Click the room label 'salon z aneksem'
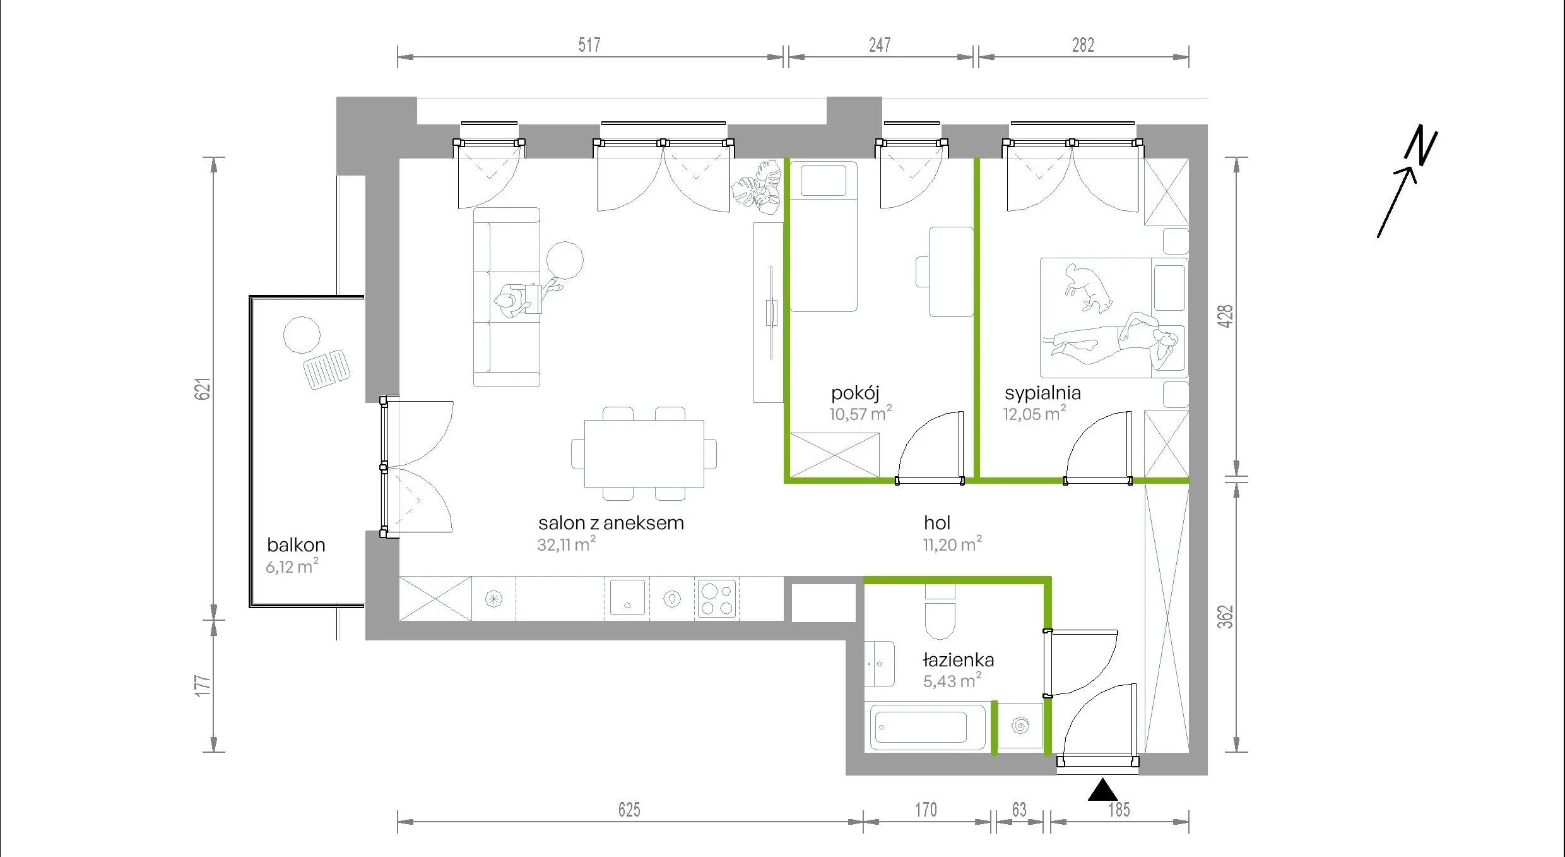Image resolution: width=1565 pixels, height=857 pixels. (611, 523)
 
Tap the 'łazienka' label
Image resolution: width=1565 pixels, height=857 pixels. (959, 660)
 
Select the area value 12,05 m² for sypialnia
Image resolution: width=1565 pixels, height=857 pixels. (1035, 414)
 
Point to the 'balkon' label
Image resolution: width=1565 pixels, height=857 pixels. (296, 544)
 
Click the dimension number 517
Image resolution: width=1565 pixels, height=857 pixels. (589, 45)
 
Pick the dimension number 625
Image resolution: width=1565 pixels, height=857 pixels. (629, 810)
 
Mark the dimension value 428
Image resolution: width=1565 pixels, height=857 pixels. (1225, 316)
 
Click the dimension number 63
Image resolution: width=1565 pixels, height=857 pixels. (1019, 810)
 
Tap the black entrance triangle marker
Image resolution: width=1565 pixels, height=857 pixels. (1102, 790)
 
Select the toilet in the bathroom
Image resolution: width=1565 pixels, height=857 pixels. (940, 613)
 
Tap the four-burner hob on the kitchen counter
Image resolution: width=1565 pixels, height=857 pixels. (718, 598)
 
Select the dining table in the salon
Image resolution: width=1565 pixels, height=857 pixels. (644, 453)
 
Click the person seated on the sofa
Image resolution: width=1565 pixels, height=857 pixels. (512, 302)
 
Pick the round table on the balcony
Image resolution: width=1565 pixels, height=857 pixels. (302, 334)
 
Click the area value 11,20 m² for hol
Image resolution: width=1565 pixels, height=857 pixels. (952, 544)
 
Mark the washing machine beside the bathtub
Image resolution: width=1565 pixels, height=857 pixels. (1020, 726)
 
